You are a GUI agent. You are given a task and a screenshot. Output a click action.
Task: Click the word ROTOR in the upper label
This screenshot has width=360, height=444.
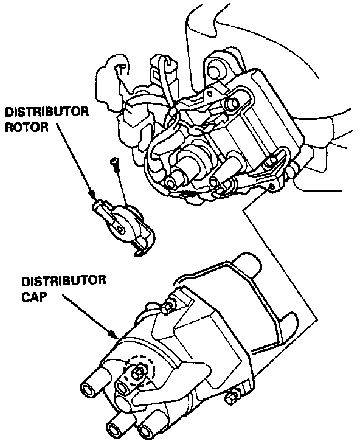click(27, 128)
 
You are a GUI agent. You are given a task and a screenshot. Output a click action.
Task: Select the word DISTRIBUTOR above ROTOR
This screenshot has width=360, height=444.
click(47, 112)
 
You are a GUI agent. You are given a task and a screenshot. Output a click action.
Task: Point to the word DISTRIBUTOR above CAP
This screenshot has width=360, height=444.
click(64, 281)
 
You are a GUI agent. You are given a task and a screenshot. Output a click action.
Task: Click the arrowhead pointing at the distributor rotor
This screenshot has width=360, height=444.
click(93, 195)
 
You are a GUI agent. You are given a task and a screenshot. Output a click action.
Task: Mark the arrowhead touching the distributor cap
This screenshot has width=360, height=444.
click(114, 334)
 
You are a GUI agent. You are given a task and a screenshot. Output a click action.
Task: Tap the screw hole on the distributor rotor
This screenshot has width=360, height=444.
click(122, 228)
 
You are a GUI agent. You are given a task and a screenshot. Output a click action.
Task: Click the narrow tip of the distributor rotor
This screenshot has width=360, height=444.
click(98, 206)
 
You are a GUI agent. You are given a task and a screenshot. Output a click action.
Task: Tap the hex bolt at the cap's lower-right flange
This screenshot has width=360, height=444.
click(230, 398)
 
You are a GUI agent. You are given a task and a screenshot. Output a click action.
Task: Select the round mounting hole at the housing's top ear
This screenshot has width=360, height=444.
click(214, 69)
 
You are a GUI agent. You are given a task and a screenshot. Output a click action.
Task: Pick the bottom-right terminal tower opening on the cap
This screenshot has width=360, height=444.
click(147, 433)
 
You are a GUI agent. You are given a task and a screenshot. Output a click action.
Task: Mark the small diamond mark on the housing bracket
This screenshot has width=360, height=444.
click(209, 93)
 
